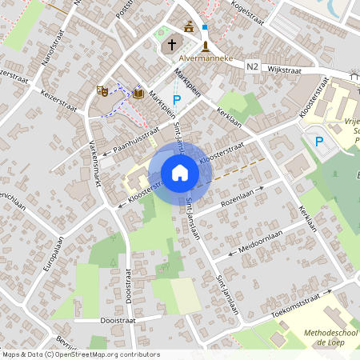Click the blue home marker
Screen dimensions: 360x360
click(180, 172)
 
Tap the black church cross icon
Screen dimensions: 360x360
click(171, 45)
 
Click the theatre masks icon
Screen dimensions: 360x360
click(102, 91)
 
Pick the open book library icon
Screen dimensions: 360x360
click(138, 94)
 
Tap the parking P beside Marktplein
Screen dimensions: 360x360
click(177, 99)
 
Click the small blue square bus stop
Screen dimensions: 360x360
click(205, 27)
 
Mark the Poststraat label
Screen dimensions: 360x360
click(122, 9)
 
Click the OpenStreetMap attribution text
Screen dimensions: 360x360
click(80, 354)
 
